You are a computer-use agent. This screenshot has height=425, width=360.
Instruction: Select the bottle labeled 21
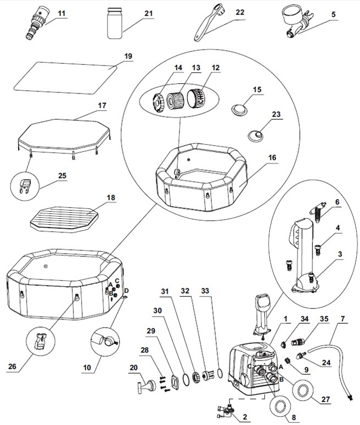114,23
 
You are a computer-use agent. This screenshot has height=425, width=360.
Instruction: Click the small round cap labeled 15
239,108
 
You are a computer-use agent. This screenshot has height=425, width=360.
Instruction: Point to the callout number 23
276,114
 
